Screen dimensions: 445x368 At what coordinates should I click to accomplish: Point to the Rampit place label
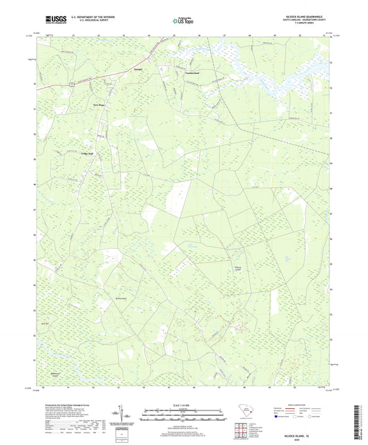(x=137, y=70)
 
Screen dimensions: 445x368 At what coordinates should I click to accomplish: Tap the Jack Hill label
(x=85, y=322)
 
